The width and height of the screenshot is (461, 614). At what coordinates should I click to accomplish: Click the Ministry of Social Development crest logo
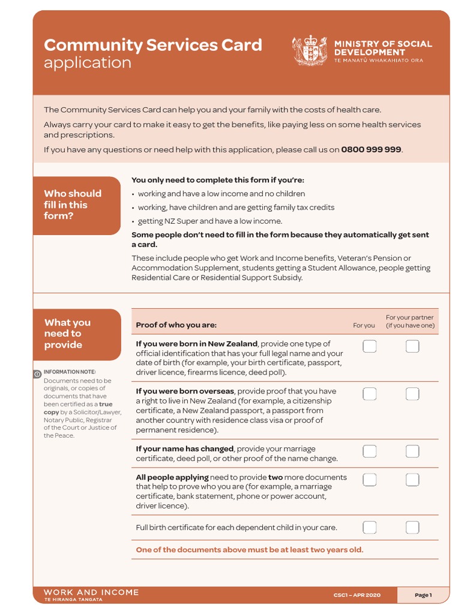coord(310,50)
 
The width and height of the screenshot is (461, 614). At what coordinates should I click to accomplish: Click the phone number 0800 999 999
coord(371,149)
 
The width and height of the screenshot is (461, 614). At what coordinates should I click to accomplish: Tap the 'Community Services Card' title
coord(152,45)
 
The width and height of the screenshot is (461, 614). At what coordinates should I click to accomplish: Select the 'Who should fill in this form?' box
coord(77,205)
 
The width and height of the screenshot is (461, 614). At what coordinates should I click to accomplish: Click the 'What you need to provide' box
coord(77,333)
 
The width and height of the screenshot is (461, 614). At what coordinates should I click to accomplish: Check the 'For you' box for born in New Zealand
coord(370,346)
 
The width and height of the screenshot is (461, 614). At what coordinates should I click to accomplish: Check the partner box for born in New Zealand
coord(412,346)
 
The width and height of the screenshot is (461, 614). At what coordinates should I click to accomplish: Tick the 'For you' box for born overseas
coord(370,393)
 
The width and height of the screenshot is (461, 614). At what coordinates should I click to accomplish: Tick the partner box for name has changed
coord(412,451)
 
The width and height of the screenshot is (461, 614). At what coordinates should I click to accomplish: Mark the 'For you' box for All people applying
coord(370,480)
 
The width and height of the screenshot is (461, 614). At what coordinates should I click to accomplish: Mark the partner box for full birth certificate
coord(412,527)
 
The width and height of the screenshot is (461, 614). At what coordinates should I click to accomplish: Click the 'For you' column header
coord(364,326)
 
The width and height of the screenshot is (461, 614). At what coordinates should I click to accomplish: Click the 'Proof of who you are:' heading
coord(176,325)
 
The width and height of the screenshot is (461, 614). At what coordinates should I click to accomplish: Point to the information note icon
coord(37,374)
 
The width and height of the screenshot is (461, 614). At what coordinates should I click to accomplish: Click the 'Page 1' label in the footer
coord(423,595)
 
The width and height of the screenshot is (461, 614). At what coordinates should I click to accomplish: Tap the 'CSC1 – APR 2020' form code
coord(357,595)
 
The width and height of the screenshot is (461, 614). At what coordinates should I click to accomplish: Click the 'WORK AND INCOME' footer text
coord(91,592)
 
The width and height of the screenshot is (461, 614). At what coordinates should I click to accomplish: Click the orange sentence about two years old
coord(249,550)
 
